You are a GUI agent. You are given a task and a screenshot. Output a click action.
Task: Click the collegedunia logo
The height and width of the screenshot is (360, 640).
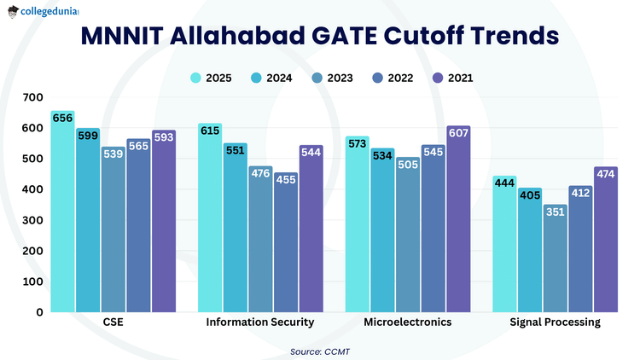pyautogui.click(x=42, y=12)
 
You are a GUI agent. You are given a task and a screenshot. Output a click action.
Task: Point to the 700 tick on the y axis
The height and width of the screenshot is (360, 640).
pyautogui.click(x=32, y=97)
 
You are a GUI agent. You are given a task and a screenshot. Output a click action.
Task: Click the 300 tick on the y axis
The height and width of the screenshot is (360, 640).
pyautogui.click(x=32, y=220)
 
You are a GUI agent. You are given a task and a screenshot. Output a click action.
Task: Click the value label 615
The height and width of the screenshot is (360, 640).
pyautogui.click(x=210, y=131)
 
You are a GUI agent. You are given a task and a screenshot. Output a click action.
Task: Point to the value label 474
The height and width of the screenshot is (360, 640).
pyautogui.click(x=607, y=174)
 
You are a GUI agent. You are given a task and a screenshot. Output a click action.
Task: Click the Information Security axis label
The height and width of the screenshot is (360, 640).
pyautogui.click(x=260, y=322)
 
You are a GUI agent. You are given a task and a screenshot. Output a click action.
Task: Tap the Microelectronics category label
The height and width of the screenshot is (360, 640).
pyautogui.click(x=408, y=322)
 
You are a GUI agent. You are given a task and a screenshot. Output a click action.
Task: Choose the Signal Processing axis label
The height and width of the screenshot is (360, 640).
pyautogui.click(x=555, y=322)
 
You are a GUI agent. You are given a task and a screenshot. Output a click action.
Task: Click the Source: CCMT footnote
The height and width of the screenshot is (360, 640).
pyautogui.click(x=321, y=350)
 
